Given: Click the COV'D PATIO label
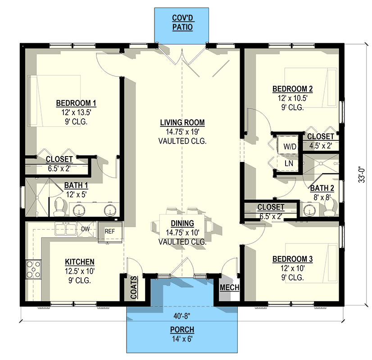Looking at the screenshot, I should tap(182, 23).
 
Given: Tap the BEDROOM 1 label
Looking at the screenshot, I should tap(76, 103).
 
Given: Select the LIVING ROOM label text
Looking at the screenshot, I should tap(182, 122).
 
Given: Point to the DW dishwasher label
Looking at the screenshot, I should tap(86, 229).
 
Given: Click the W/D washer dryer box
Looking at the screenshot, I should tap(289, 146).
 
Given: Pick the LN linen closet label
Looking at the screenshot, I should tap(289, 163).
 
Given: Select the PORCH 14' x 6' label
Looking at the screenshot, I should tap(182, 333).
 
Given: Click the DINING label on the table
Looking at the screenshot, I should tap(182, 223).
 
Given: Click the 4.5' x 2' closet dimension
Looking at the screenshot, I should tap(321, 145).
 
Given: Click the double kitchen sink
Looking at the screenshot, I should tap(66, 229).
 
